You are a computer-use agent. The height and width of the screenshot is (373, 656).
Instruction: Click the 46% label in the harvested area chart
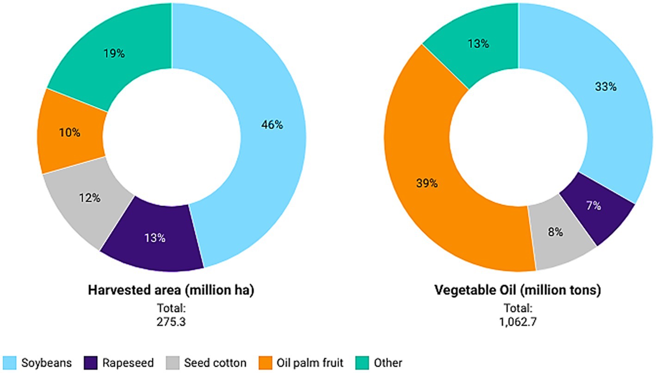272,125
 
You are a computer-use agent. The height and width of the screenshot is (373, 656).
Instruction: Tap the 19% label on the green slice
114,54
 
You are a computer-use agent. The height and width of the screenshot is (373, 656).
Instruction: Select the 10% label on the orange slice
69,133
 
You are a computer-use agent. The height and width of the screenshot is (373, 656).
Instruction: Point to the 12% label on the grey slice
89,198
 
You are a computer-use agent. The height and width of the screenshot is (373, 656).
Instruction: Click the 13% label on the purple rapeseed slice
154,238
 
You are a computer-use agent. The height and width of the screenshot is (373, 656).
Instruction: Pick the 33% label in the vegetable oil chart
606,86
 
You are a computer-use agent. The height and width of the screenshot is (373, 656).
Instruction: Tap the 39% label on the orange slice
426,183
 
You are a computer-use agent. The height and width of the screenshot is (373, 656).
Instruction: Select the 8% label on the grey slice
556,232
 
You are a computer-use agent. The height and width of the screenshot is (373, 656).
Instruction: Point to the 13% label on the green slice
477,44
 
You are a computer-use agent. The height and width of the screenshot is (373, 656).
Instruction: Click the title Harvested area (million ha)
172,291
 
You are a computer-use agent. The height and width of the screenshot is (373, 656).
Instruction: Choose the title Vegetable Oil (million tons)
518,291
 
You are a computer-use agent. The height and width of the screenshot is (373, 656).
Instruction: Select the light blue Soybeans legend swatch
9,363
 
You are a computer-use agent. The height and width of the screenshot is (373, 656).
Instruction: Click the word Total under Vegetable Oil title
518,308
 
